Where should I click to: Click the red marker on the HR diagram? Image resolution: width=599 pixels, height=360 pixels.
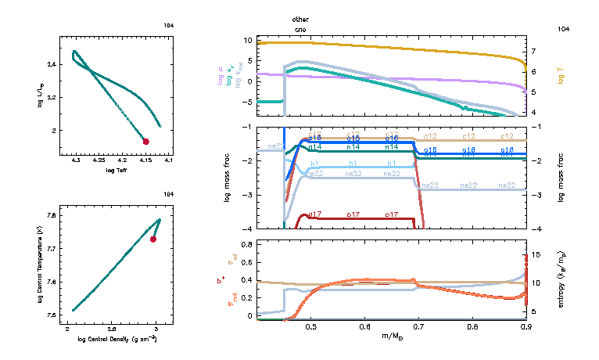pos(145,142)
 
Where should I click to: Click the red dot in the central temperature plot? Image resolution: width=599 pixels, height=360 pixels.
pos(153,239)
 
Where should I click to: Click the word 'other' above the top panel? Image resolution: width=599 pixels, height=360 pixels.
pos(300,18)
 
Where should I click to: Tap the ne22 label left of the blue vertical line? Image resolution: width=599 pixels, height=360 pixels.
pos(275,146)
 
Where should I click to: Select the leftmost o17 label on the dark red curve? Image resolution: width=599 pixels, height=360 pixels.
pos(315,214)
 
